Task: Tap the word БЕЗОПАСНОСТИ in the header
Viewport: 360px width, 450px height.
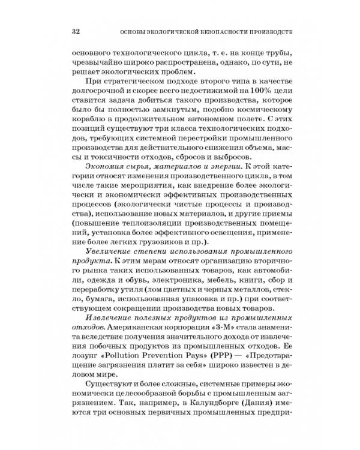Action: point(218,31)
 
